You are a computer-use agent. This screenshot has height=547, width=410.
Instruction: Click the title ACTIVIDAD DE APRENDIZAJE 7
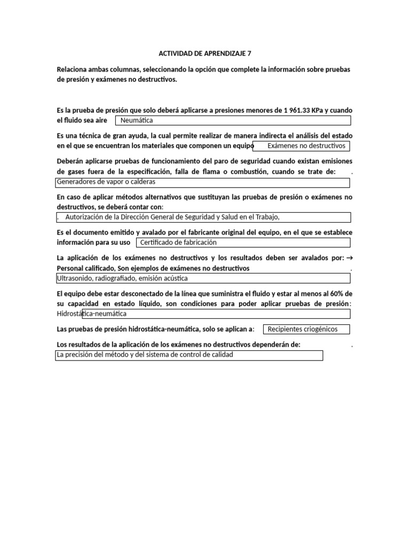pyautogui.click(x=204, y=53)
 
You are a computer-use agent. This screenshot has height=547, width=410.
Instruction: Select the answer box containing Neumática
pyautogui.click(x=233, y=121)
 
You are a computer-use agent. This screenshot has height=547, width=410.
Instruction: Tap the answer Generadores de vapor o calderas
pyautogui.click(x=203, y=182)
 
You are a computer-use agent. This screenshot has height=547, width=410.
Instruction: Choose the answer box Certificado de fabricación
pyautogui.click(x=243, y=243)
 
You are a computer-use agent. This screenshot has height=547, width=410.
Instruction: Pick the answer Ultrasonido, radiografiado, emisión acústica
pyautogui.click(x=203, y=278)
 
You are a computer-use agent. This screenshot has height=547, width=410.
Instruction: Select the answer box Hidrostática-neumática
pyautogui.click(x=203, y=314)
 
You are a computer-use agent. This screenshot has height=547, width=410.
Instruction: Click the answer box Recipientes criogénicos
pyautogui.click(x=307, y=329)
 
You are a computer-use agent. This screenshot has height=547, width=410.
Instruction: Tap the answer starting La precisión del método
pyautogui.click(x=189, y=355)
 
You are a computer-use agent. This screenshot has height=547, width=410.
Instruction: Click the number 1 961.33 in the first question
pyautogui.click(x=302, y=111)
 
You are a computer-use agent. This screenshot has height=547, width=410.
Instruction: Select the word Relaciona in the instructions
pyautogui.click(x=75, y=70)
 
